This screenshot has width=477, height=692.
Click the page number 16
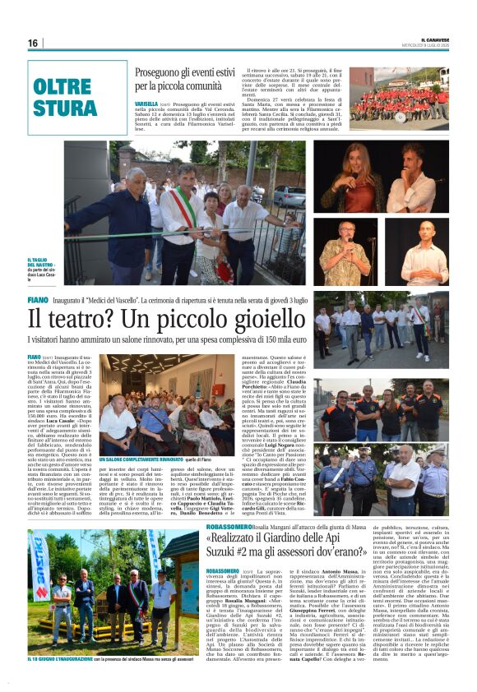coord(33,43)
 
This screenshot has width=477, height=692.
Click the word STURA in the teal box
coord(65,108)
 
